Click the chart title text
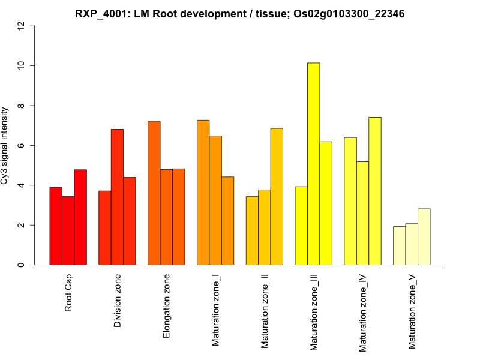240,13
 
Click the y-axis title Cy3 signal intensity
5,145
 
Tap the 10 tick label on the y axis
22,65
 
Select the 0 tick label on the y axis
22,265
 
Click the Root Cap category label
69,294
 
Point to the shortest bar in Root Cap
68,230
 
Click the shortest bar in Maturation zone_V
400,245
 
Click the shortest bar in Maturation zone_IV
362,213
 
